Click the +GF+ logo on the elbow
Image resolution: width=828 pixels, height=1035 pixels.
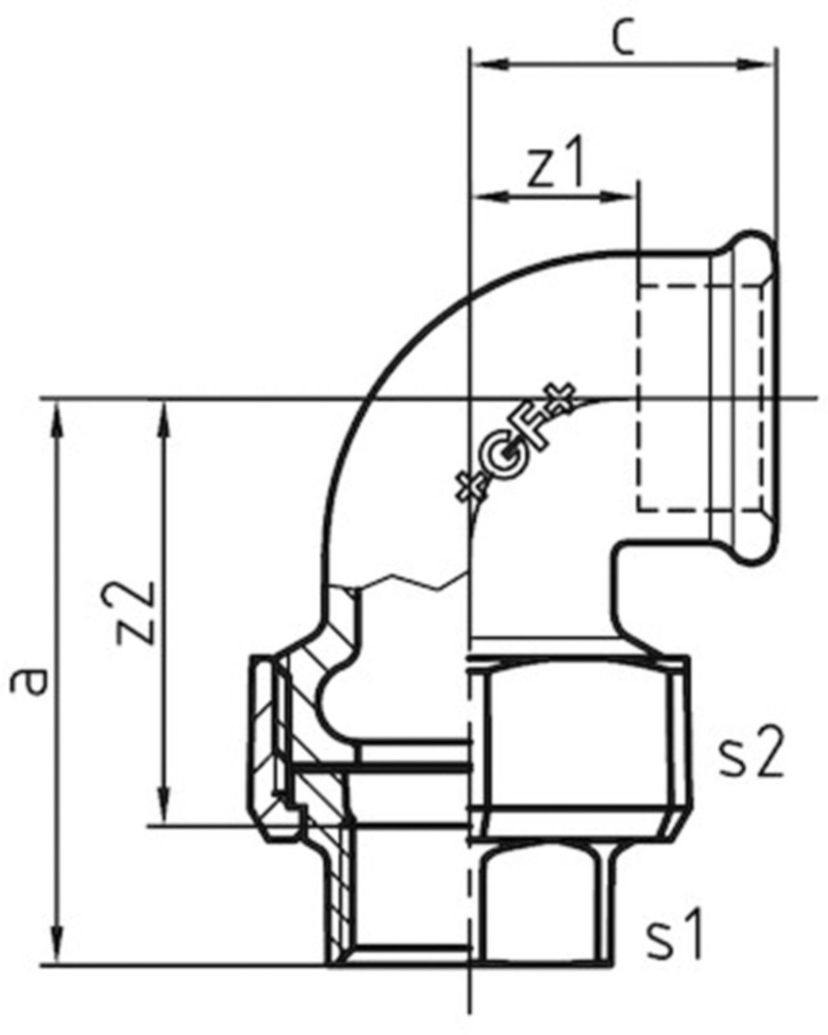513,442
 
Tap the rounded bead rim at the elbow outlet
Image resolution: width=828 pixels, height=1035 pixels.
753,397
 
